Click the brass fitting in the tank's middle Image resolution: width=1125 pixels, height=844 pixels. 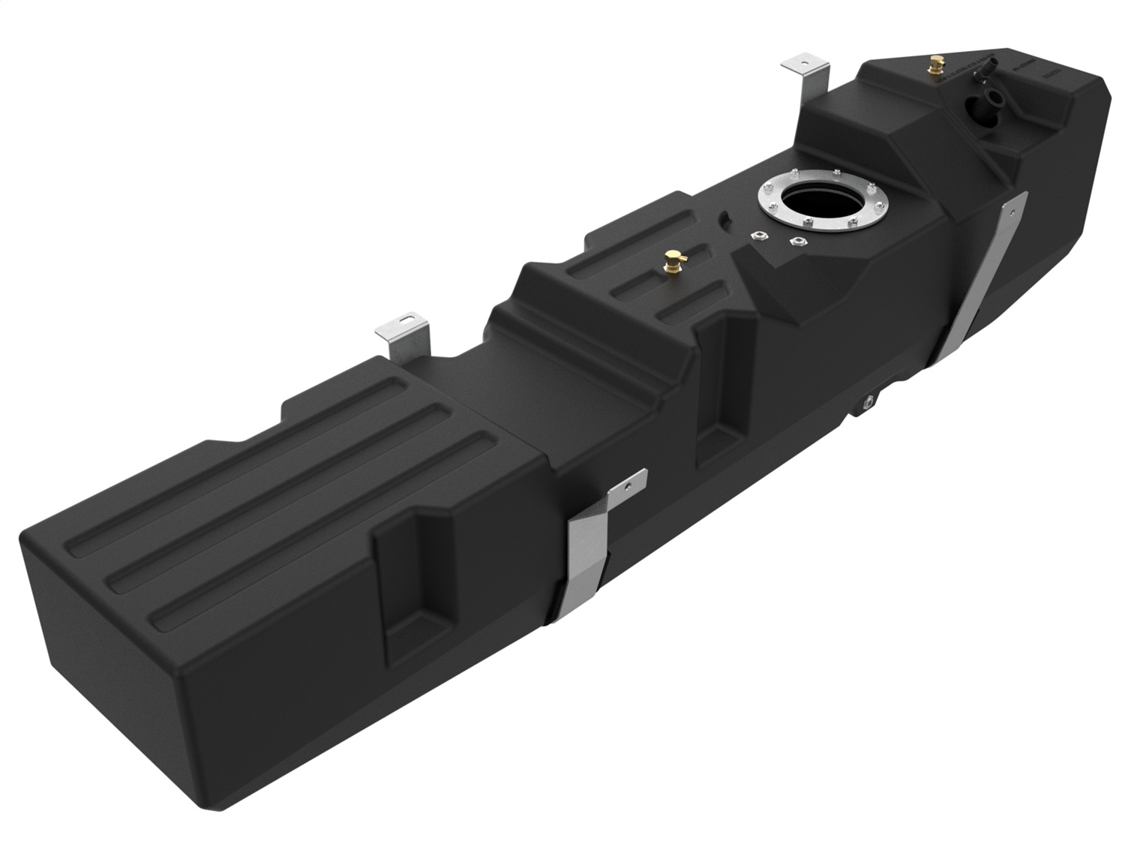670,263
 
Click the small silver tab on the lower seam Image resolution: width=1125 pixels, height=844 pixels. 868,402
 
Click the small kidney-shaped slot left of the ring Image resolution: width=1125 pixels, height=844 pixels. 726,219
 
